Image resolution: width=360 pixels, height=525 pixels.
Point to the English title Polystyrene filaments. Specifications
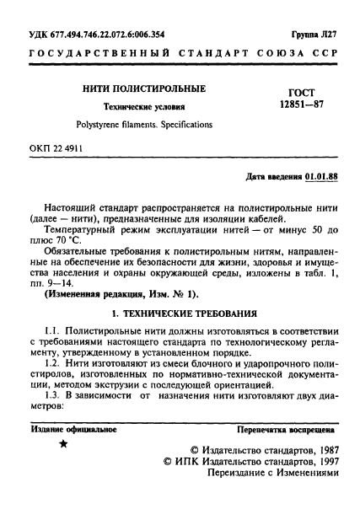pyautogui.click(x=145, y=124)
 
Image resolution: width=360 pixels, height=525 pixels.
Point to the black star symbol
pyautogui.click(x=63, y=444)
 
